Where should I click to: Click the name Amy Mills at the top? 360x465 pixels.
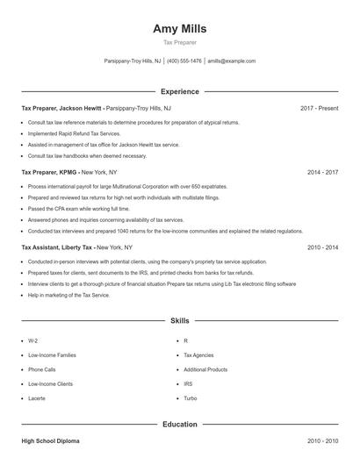point(179,28)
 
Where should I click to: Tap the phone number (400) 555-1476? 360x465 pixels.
point(184,61)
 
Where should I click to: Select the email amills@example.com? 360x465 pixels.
point(232,61)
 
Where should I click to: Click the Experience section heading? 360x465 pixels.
point(179,91)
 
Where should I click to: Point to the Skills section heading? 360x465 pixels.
point(179,322)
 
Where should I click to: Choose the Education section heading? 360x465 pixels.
point(179,425)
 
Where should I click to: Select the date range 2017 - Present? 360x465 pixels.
point(319,108)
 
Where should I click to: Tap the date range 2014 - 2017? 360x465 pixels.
point(322,172)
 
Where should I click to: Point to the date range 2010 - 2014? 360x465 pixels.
point(322,247)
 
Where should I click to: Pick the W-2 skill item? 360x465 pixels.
point(32,340)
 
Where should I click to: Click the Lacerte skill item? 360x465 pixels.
point(38,398)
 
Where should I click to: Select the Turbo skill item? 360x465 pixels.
point(191,398)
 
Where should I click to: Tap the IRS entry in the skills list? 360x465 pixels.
point(188,383)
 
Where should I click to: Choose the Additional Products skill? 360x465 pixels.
point(205,369)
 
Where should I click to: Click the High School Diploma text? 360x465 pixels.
point(50,441)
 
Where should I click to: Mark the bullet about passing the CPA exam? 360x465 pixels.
point(79,209)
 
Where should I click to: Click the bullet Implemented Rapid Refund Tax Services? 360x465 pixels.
point(75,133)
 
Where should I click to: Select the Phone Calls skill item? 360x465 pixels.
point(42,369)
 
